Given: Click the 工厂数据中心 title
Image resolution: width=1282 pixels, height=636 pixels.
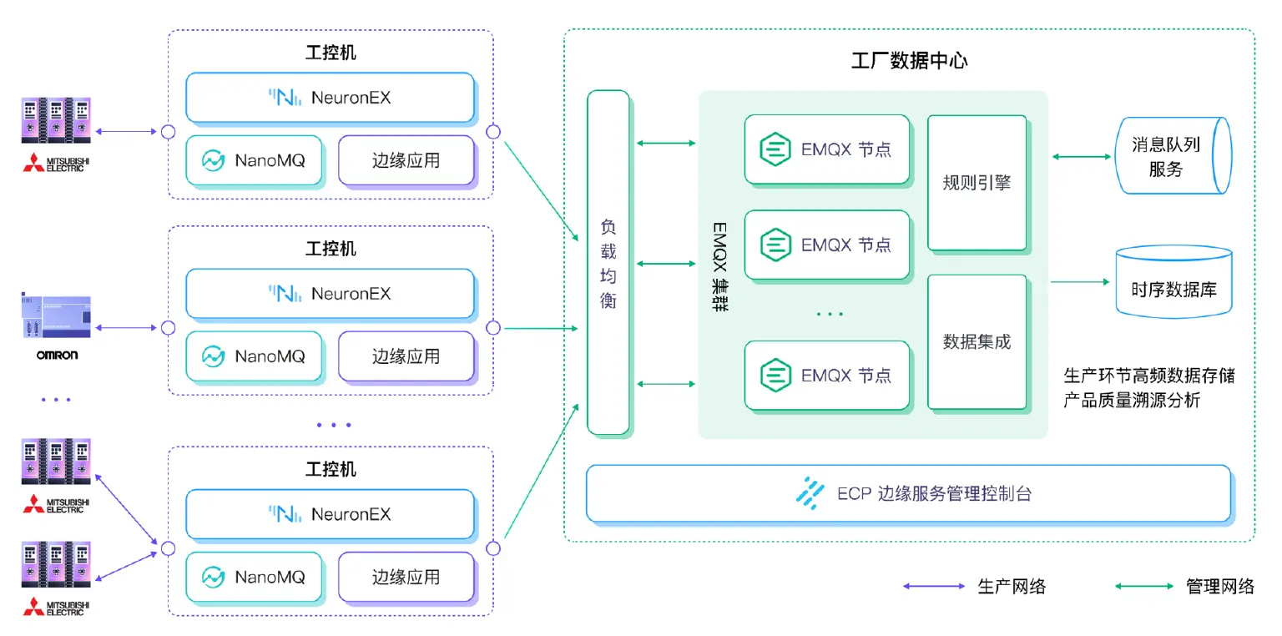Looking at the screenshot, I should pos(908,62).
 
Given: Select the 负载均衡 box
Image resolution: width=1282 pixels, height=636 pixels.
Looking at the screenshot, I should pos(608,263).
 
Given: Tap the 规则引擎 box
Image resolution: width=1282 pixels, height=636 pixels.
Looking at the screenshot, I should pos(977,183).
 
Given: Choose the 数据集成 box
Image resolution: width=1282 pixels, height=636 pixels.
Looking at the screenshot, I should pos(977,341).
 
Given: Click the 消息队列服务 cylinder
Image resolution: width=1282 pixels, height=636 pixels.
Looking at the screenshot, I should pos(1172,157).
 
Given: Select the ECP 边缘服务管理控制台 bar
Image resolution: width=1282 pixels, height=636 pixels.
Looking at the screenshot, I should pos(908,493).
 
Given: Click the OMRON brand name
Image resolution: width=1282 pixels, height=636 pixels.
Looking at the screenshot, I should pos(57,355).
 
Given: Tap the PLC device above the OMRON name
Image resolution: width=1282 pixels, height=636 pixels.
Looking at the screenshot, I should pos(56,317).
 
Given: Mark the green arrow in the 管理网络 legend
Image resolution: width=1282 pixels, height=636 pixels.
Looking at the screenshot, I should pos(1143,587).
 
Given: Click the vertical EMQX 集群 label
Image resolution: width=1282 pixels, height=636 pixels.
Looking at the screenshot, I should pos(719,266).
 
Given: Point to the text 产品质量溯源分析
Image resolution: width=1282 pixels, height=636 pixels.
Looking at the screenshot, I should pos(1132,401).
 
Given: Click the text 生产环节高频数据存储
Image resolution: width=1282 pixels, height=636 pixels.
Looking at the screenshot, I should pos(1148,376).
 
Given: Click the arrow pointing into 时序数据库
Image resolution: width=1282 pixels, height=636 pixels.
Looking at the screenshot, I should pos(1080,282).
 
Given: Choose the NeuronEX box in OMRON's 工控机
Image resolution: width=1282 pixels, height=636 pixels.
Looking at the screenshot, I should pos(330,294).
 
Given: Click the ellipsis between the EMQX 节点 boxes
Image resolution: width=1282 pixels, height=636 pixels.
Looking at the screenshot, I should pos(829,315).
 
